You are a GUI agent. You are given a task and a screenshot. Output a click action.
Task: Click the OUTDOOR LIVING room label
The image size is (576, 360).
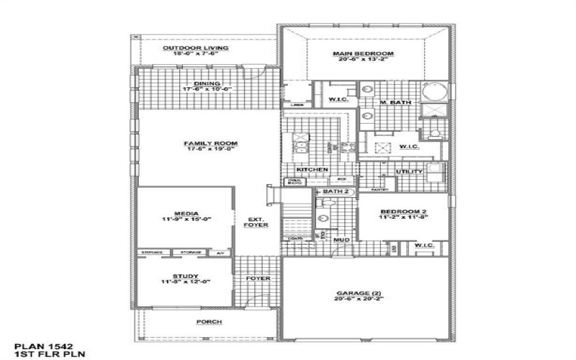195,48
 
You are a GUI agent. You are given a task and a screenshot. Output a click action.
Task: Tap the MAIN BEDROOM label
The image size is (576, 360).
363,54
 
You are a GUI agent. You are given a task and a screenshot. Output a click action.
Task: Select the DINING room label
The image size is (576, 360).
196,83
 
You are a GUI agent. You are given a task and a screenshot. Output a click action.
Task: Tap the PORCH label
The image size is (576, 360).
209,322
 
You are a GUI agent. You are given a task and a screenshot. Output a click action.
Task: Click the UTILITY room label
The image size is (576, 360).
408,172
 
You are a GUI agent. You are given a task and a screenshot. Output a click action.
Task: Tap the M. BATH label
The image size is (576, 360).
395,103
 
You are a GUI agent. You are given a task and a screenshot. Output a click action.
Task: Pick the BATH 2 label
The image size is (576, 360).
336,192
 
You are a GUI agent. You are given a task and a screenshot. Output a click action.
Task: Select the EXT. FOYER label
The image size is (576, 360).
257,222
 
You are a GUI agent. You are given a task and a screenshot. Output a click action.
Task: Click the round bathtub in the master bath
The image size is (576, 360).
433,93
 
